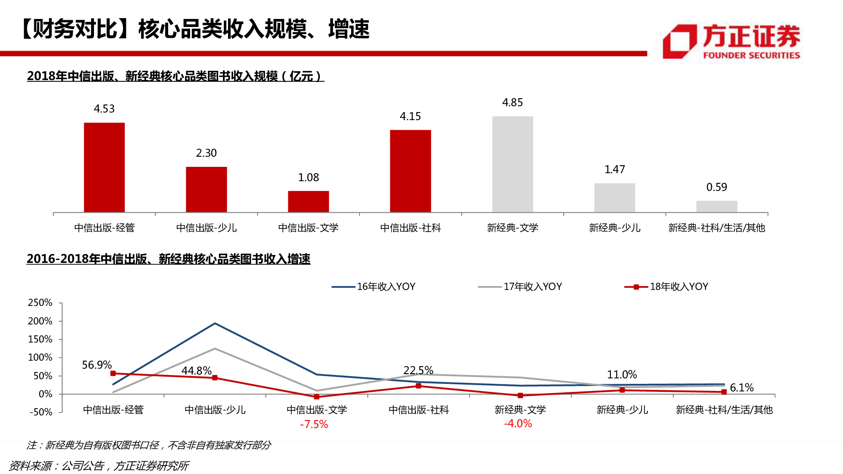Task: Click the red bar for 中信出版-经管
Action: (104, 167)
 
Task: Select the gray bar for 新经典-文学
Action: (513, 164)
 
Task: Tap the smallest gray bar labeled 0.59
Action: (717, 206)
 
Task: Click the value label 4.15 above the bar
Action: (410, 116)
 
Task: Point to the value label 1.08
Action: (309, 177)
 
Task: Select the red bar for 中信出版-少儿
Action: (206, 189)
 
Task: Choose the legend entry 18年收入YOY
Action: (666, 287)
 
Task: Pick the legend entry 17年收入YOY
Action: (520, 287)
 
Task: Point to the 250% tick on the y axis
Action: (40, 303)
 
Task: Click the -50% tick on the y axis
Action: (40, 412)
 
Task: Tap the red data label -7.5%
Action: (314, 424)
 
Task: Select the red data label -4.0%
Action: (518, 423)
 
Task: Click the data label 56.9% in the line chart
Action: (97, 365)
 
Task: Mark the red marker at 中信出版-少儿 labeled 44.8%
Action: (215, 378)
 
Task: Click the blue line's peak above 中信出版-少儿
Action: (215, 324)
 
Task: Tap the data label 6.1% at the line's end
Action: (741, 388)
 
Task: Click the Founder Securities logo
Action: (731, 41)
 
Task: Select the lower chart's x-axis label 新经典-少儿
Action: (622, 410)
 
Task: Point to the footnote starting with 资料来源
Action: (99, 466)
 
